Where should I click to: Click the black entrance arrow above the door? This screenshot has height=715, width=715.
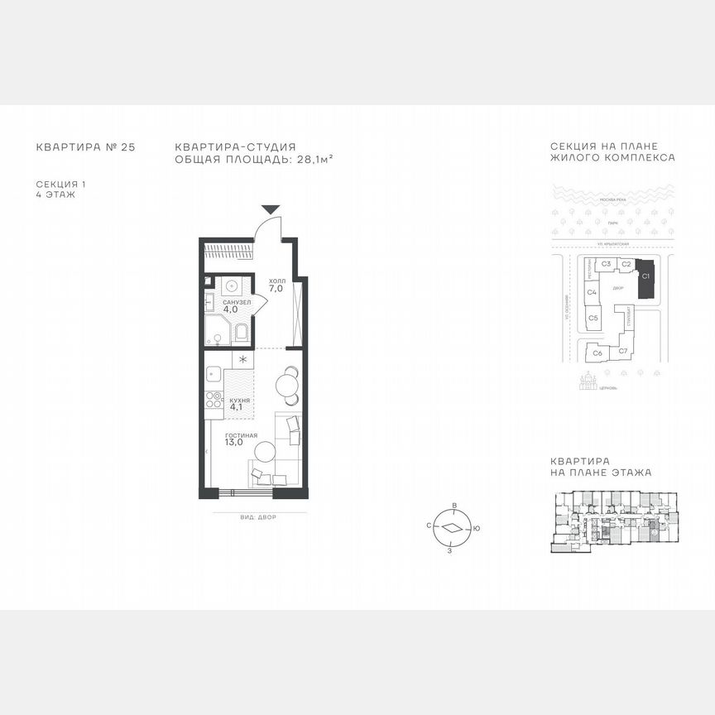pyautogui.click(x=271, y=210)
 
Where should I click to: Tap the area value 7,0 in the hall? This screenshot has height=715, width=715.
pyautogui.click(x=276, y=290)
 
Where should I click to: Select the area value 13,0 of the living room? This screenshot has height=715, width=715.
pyautogui.click(x=234, y=442)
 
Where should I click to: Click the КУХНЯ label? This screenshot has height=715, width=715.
pyautogui.click(x=240, y=399)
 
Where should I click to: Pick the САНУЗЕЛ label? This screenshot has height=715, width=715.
pyautogui.click(x=237, y=303)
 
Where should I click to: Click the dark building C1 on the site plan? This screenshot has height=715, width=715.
pyautogui.click(x=645, y=279)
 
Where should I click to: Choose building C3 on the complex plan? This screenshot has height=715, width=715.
pyautogui.click(x=606, y=264)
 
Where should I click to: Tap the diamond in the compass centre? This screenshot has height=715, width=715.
pyautogui.click(x=451, y=527)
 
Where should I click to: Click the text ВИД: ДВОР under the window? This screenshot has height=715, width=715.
pyautogui.click(x=256, y=516)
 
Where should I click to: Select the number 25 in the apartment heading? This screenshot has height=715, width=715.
pyautogui.click(x=127, y=147)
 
